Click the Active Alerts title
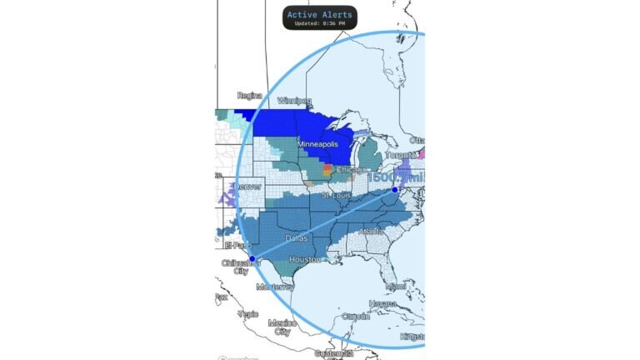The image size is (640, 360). [x=319, y=14]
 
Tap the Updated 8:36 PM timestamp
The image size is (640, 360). [x=319, y=23]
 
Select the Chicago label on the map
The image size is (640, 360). [x=351, y=169]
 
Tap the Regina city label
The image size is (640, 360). [x=250, y=96]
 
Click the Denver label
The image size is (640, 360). [x=247, y=186]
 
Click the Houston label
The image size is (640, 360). [x=304, y=260]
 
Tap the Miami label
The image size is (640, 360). [x=396, y=287]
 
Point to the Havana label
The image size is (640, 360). [x=384, y=304]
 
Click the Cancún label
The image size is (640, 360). [x=356, y=317]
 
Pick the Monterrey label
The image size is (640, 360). [x=275, y=287]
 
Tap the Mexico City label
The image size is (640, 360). [x=282, y=327]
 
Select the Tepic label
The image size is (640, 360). [x=247, y=314]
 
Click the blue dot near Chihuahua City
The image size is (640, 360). [x=252, y=259]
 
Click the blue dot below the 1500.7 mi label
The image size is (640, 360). [x=394, y=191]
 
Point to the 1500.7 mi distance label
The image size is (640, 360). [x=396, y=177]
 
